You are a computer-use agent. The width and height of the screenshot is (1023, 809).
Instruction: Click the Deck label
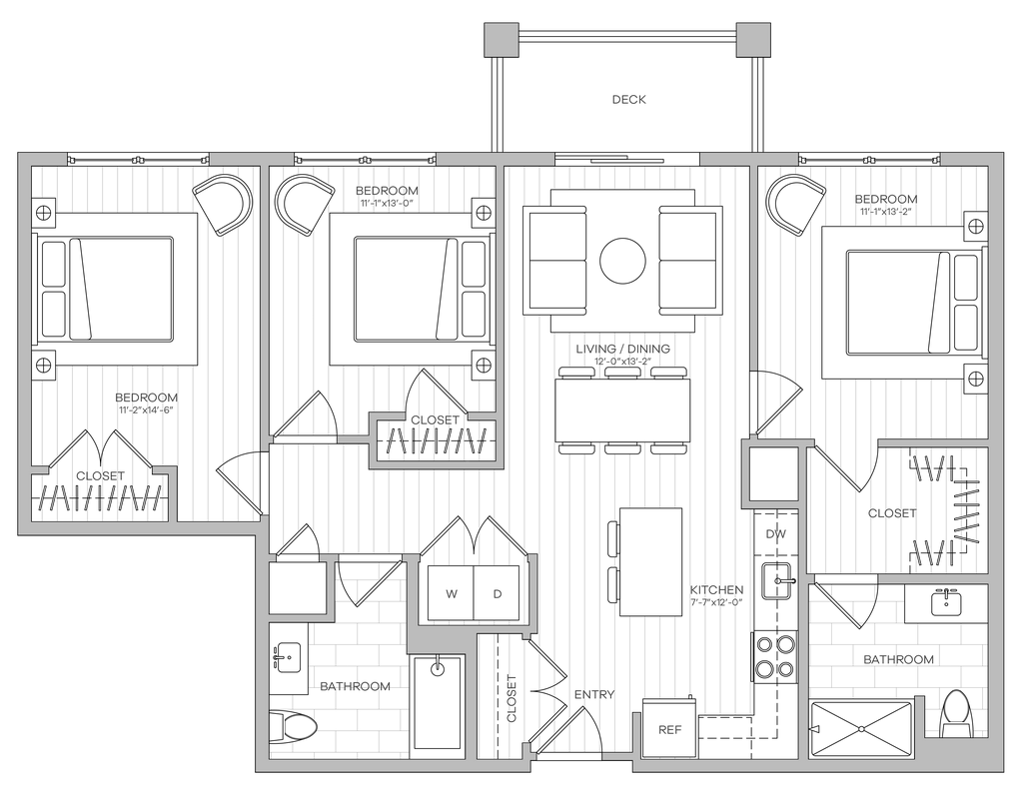click(630, 100)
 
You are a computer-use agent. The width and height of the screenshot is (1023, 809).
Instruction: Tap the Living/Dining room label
click(623, 351)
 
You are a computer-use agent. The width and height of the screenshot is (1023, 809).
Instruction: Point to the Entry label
click(593, 693)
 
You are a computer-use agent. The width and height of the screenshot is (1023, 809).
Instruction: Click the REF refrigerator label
click(668, 731)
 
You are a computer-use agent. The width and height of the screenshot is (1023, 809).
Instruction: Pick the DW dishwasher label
click(776, 534)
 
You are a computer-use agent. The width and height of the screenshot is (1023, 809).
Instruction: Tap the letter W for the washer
click(452, 595)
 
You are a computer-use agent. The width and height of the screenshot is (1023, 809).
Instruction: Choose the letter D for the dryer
click(498, 595)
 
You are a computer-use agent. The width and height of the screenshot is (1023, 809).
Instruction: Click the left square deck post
click(502, 40)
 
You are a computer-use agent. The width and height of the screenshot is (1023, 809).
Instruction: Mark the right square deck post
click(754, 40)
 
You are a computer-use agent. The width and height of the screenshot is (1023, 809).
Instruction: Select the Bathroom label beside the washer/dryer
click(355, 686)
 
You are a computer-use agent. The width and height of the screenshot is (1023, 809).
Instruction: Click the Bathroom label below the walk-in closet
click(898, 659)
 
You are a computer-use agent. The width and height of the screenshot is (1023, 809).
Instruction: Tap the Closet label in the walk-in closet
click(891, 513)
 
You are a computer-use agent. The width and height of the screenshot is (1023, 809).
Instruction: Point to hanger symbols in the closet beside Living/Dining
click(436, 439)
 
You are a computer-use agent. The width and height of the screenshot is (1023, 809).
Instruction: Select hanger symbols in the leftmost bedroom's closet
click(99, 496)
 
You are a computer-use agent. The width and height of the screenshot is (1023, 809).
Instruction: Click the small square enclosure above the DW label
click(774, 471)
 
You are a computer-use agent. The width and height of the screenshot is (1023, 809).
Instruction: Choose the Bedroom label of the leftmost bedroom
click(147, 401)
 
